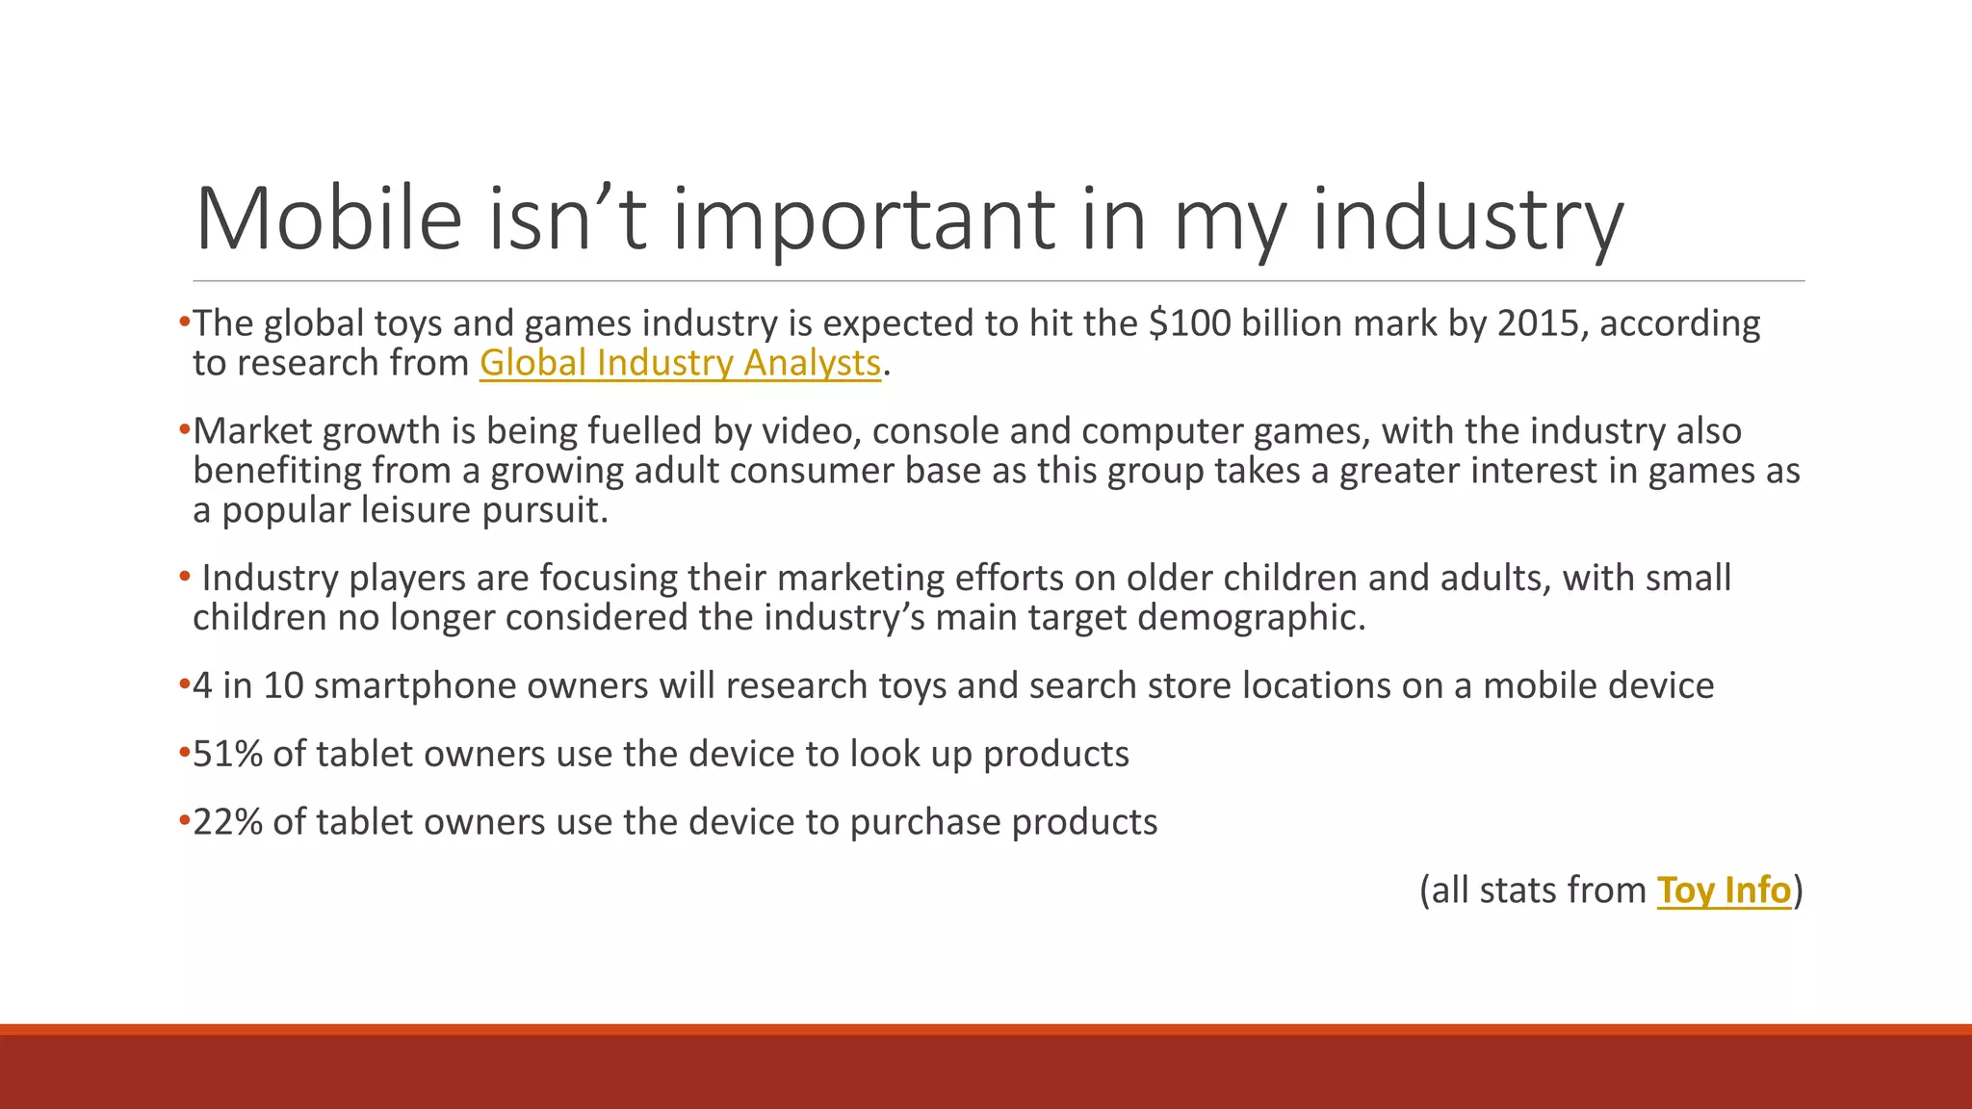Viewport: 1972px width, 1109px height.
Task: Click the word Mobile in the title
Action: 328,219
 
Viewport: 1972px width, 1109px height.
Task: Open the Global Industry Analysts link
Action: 680,363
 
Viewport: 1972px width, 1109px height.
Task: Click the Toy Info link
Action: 1724,890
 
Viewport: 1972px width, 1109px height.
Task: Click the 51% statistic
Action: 228,754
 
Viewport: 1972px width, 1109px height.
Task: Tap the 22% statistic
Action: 228,822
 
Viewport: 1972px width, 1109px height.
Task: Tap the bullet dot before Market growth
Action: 185,430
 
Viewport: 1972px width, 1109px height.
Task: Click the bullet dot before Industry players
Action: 185,577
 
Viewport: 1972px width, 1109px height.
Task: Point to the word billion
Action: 1285,323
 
